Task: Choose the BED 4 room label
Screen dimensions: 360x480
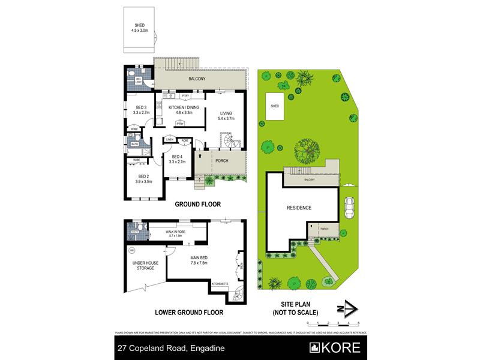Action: (x=178, y=159)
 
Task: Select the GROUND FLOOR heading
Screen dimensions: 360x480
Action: (x=197, y=205)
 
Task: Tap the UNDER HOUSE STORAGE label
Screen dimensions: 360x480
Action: (x=143, y=266)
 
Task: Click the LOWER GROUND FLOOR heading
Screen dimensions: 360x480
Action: (x=189, y=313)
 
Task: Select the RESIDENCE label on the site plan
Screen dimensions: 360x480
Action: (x=298, y=208)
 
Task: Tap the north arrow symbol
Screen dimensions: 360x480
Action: (x=347, y=308)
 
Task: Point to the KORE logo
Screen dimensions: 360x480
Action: (x=334, y=347)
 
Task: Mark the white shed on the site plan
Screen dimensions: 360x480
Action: (x=275, y=106)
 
